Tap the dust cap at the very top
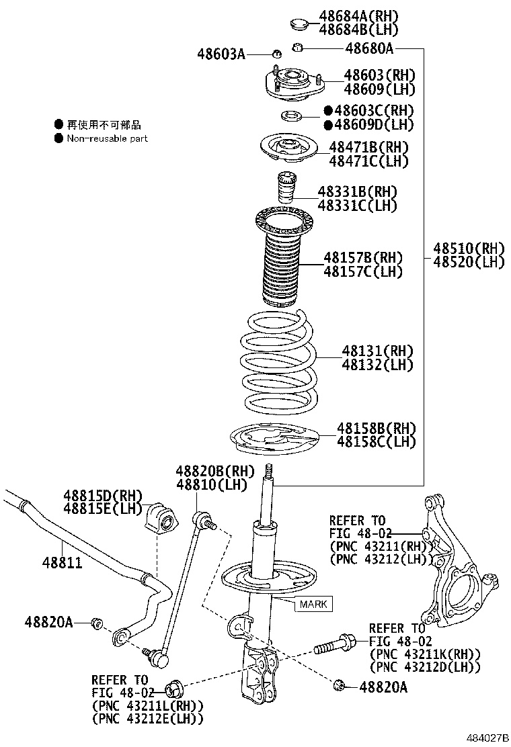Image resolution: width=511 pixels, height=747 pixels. click(299, 25)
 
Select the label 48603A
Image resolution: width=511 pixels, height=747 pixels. click(221, 53)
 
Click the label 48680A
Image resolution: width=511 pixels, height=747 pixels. click(368, 48)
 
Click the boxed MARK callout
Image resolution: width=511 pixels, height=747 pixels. click(313, 604)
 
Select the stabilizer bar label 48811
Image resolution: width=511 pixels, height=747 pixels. click(64, 561)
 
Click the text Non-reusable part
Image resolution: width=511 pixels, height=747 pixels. click(107, 138)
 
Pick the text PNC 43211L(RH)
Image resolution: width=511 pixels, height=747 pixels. click(149, 705)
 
